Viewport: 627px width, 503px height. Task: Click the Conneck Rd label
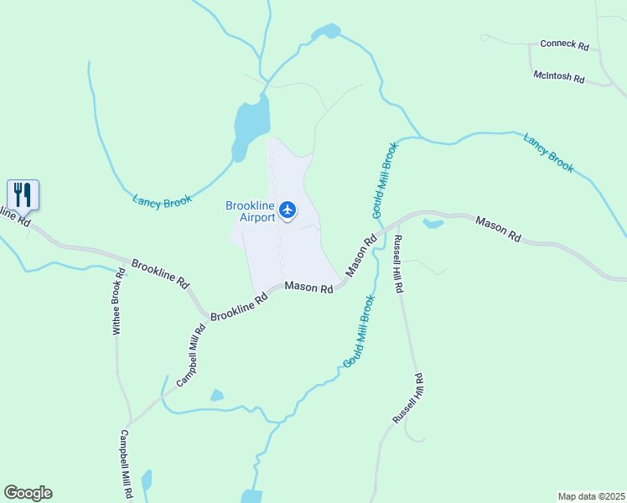565,44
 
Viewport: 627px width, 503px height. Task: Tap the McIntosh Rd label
558,76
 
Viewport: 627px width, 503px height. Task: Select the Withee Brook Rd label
119,302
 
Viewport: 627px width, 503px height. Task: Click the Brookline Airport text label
251,211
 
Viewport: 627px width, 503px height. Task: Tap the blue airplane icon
288,209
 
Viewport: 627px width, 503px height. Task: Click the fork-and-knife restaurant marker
23,195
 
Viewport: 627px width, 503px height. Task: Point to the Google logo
28,493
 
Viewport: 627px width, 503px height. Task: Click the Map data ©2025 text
591,495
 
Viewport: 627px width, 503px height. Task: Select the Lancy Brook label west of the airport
163,200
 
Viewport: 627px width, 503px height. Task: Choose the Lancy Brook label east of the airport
549,153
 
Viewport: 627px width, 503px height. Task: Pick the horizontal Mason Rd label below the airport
309,288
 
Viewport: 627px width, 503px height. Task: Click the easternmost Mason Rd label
498,230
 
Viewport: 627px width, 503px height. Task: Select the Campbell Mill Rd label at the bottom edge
126,464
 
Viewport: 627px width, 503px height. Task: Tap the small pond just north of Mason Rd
433,223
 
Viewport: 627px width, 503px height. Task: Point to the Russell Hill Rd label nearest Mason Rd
399,263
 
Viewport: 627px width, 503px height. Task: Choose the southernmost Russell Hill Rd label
409,398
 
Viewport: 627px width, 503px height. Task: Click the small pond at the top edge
325,33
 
